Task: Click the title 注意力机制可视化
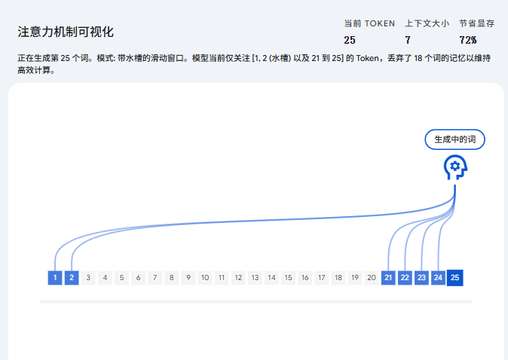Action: [x=66, y=32]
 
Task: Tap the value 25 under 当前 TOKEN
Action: [x=350, y=40]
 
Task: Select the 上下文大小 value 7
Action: [x=408, y=40]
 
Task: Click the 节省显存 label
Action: [x=476, y=23]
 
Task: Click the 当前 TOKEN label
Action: [x=369, y=23]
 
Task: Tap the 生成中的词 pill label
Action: [x=454, y=140]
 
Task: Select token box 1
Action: [x=55, y=278]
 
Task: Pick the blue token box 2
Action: [x=72, y=278]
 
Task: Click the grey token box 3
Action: [x=88, y=278]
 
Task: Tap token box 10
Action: [x=205, y=278]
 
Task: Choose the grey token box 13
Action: [x=255, y=278]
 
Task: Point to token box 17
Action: [x=321, y=278]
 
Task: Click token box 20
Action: [x=371, y=278]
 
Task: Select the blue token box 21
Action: [x=388, y=278]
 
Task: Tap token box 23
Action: [x=421, y=278]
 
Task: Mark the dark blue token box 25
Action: [x=454, y=278]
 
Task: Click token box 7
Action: [x=155, y=278]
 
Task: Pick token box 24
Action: [x=438, y=278]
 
